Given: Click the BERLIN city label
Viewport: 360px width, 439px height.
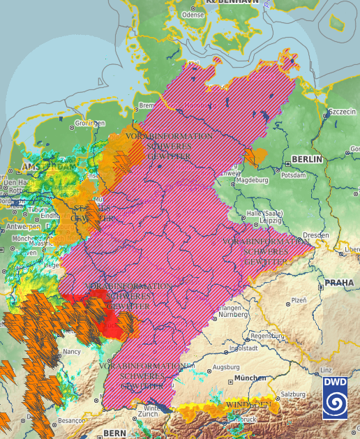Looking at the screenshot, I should [x=308, y=159].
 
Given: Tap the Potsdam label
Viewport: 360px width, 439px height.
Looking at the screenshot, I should [x=294, y=175].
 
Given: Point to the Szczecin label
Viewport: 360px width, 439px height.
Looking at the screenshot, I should [x=343, y=112].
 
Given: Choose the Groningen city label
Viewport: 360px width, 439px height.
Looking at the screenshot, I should [x=89, y=123].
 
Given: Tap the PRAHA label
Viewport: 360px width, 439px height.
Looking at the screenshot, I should [x=340, y=283].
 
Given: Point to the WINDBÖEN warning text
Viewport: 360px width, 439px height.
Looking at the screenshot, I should [x=248, y=405].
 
